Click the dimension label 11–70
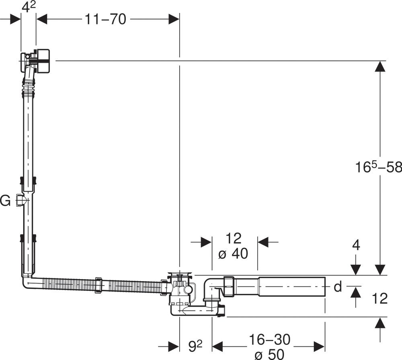(105, 19)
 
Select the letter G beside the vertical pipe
(5, 200)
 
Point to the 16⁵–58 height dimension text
(378, 167)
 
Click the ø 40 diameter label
(233, 254)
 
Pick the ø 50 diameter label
(269, 354)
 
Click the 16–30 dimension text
(269, 339)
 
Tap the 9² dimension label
(195, 346)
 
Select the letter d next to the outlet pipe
(338, 286)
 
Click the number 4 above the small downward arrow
(356, 245)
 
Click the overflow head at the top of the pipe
(36, 61)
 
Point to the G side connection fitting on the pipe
(20, 200)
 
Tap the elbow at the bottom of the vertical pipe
(28, 281)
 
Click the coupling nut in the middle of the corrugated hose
(99, 285)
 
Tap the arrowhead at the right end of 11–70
(174, 19)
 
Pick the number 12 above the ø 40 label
(233, 239)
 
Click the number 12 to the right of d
(379, 299)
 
